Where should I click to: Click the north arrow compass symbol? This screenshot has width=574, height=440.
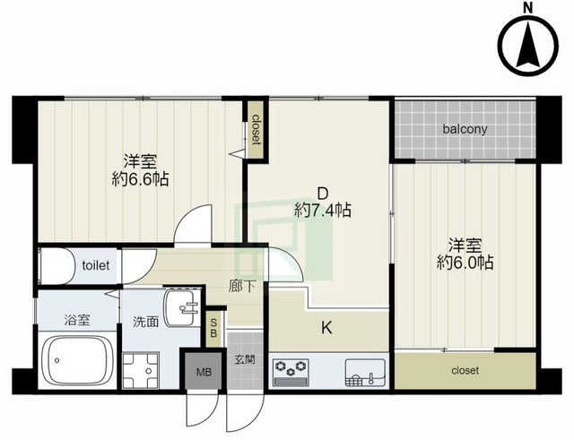tap(530, 47)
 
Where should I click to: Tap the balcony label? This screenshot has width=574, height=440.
tap(465, 129)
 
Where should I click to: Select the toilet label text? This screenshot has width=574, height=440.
tap(96, 265)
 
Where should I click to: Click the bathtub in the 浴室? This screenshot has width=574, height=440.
tap(76, 360)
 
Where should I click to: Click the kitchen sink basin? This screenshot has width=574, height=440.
tap(365, 373)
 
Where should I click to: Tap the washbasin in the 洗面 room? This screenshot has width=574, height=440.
tap(181, 307)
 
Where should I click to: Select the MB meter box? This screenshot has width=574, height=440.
tap(204, 372)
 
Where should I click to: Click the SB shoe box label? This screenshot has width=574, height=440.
tap(213, 328)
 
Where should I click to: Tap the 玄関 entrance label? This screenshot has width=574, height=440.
tap(245, 360)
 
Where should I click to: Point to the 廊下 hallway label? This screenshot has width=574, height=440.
tap(241, 287)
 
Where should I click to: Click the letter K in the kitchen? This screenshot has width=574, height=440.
tap(326, 328)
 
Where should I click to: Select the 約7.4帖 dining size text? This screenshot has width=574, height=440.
tap(323, 211)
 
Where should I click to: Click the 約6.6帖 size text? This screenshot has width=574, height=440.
tap(140, 179)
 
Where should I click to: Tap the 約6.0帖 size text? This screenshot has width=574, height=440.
tap(465, 263)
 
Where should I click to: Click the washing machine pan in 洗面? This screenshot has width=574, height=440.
tap(141, 370)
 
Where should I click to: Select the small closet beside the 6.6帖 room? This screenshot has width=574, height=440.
tap(256, 129)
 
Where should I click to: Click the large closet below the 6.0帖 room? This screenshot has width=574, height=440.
tap(465, 370)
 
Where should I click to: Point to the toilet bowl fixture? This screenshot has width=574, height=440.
tap(54, 266)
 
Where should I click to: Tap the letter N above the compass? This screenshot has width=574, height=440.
tap(527, 8)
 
